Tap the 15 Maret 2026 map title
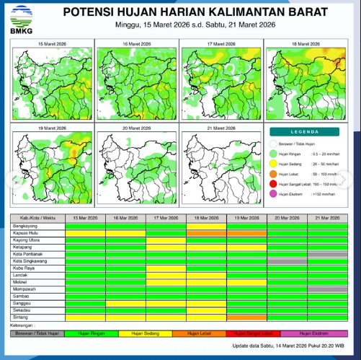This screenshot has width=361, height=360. (x=50, y=44)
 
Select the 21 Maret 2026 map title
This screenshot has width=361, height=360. (x=220, y=127)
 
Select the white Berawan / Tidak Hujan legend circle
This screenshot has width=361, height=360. (x=272, y=143)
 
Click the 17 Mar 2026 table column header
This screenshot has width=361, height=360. (x=166, y=218)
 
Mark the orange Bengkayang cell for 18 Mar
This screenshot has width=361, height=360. (x=206, y=227)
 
